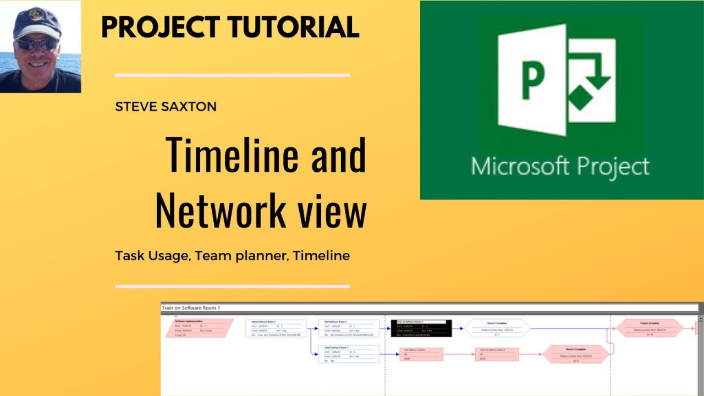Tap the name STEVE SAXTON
coord(166,107)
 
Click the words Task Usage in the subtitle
coord(151,256)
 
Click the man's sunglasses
coord(37,44)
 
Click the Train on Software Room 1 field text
coord(191,308)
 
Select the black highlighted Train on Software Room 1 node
coord(421,328)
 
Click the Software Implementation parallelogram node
coord(200,328)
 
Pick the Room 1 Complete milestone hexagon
coord(497,328)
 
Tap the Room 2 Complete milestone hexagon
coord(576,354)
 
